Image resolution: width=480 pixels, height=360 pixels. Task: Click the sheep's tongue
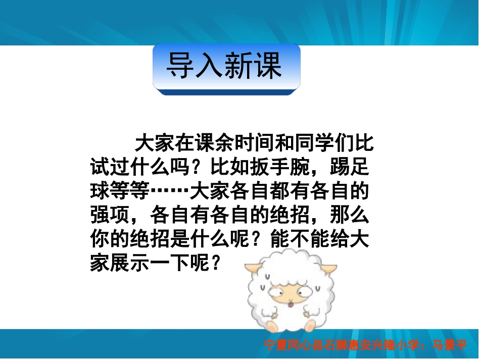(x=290, y=304)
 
